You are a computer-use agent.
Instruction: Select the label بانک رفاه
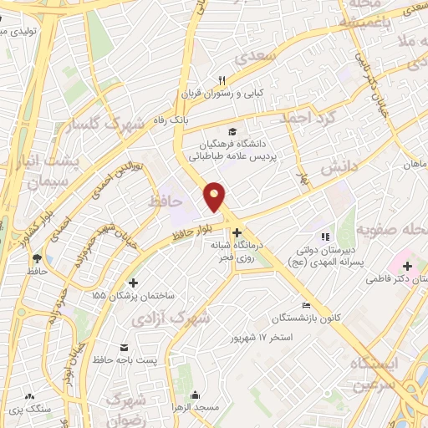195,122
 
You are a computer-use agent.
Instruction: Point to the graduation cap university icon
232,130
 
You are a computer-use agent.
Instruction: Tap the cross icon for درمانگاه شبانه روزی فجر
237,232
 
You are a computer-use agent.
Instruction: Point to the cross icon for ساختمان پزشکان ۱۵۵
135,282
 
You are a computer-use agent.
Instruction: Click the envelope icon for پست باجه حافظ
125,348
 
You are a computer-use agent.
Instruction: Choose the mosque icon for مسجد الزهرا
196,395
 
